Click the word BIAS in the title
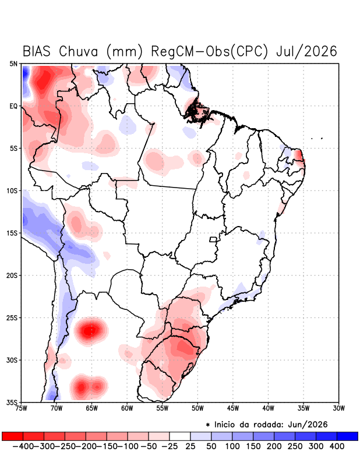(x=37, y=51)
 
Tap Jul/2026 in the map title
(x=306, y=51)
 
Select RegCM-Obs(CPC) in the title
(x=209, y=51)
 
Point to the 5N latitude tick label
(x=13, y=63)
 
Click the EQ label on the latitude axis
(x=13, y=106)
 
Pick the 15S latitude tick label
(x=12, y=233)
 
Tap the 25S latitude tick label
(x=12, y=317)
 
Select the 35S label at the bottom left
(x=12, y=403)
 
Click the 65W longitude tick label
(x=91, y=408)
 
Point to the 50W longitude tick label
(x=197, y=408)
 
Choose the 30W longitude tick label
(x=338, y=408)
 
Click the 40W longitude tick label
(x=268, y=408)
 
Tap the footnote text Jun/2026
(x=308, y=425)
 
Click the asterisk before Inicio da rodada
(x=208, y=425)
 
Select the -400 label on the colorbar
(x=23, y=446)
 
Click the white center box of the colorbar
(x=180, y=436)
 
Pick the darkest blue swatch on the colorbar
(x=347, y=436)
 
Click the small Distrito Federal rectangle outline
(x=213, y=239)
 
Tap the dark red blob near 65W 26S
(x=91, y=330)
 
